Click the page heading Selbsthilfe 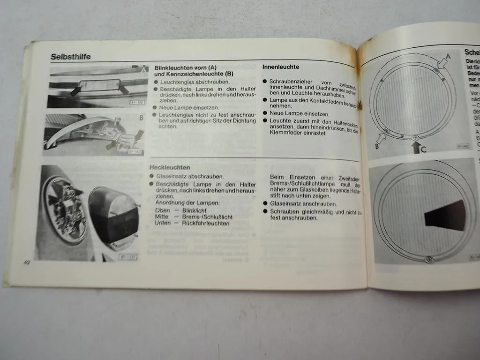click(71, 57)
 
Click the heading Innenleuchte click(281, 67)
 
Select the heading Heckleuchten click(170, 167)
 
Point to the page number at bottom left click(27, 262)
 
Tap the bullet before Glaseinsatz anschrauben click(265, 204)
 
